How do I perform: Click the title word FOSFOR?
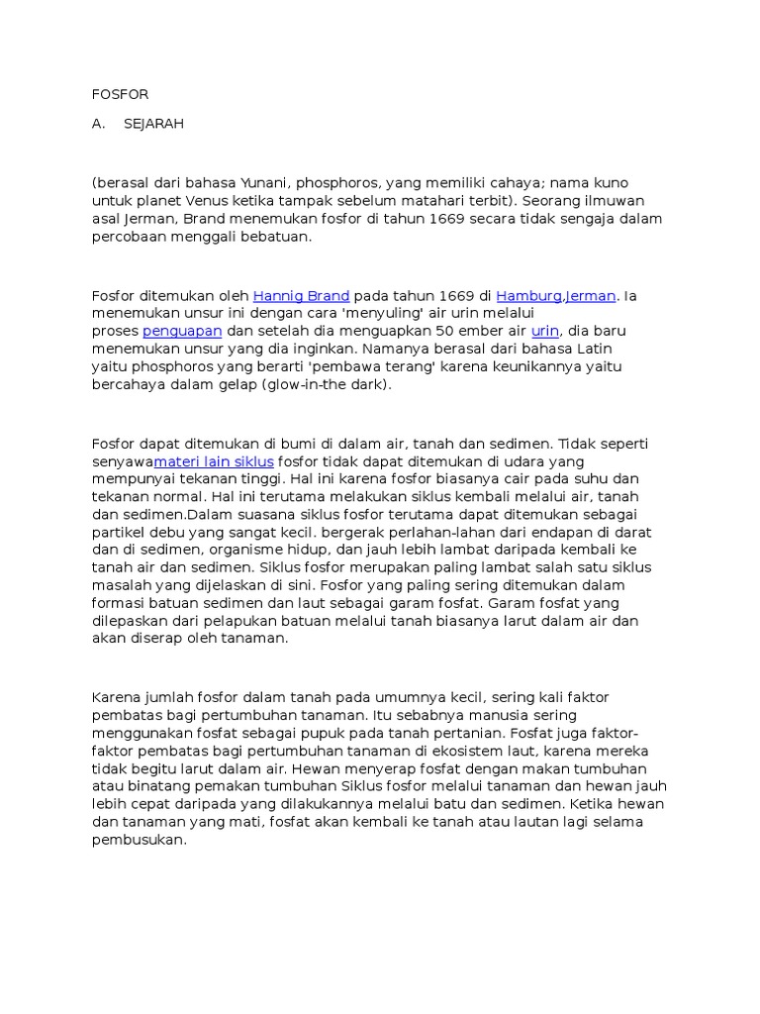120,95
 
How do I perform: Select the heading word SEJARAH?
154,124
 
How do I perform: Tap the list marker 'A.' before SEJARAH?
98,124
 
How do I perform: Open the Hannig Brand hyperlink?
302,295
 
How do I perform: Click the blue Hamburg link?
528,295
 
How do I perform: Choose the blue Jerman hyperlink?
591,295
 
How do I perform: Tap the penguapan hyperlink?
182,331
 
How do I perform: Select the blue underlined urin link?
545,331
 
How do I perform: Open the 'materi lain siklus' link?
214,461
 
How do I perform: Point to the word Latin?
591,349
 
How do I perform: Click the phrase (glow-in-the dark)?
327,384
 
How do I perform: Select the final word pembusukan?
139,841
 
